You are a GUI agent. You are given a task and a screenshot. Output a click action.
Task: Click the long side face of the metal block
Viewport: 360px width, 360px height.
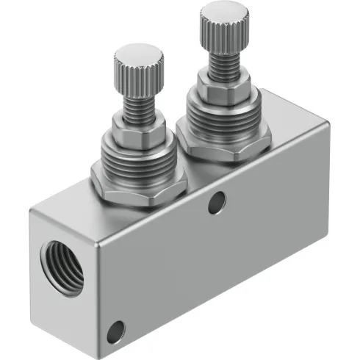pyautogui.click(x=220, y=250)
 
